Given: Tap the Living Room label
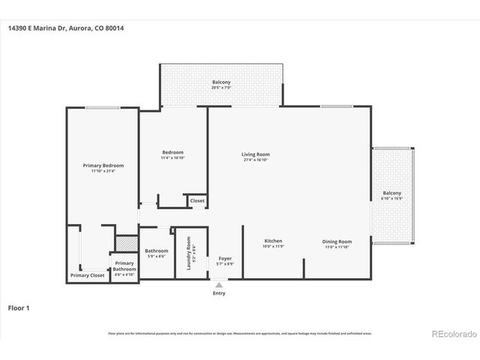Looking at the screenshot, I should pos(256,154).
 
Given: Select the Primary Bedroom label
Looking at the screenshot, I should pos(103,165).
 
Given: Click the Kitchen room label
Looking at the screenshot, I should pos(273,241).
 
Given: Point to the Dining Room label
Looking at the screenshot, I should pos(337,241).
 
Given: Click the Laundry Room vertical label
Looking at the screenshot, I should pos(189,253).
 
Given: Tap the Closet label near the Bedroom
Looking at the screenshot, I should pos(197,201).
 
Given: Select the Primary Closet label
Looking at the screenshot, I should pos(88,275).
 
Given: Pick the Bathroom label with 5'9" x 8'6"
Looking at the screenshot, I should pos(156,250).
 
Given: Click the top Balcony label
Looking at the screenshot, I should pos(221,82).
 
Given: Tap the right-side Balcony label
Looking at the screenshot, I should pos(391,193).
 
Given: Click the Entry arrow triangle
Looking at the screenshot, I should pos(219,285).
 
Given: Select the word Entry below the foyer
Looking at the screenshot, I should pos(219,293).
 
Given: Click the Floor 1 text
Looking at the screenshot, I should pos(19,307).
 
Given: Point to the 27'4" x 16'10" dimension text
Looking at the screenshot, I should pos(256,160).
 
